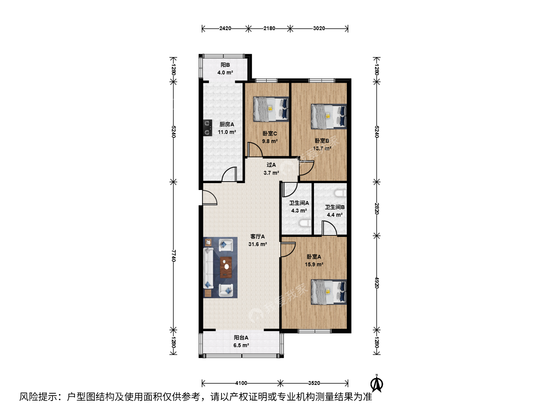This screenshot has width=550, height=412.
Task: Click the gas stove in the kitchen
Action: pyautogui.click(x=207, y=127)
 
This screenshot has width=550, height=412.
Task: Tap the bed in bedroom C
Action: pyautogui.click(x=271, y=109)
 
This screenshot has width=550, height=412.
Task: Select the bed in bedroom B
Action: pyautogui.click(x=329, y=117)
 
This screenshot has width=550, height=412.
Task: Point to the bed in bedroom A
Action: pyautogui.click(x=329, y=292)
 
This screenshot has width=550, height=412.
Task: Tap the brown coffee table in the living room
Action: pyautogui.click(x=226, y=267)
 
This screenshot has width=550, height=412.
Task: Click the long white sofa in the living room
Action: pyautogui.click(x=208, y=268)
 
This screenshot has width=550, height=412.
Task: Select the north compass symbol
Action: pyautogui.click(x=377, y=383)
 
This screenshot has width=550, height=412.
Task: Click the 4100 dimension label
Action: pyautogui.click(x=241, y=383)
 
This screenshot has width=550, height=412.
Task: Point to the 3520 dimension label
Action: pyautogui.click(x=314, y=383)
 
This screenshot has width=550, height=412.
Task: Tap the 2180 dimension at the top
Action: pyautogui.click(x=269, y=28)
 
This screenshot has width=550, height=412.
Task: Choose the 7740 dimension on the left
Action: pyautogui.click(x=173, y=256)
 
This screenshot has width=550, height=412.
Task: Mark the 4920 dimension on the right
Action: pyautogui.click(x=377, y=282)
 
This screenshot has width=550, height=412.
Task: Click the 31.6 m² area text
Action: pyautogui.click(x=257, y=244)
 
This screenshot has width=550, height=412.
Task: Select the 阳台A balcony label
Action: pyautogui.click(x=241, y=338)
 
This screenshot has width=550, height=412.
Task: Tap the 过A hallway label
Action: pyautogui.click(x=271, y=165)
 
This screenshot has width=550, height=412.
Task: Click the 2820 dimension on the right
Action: pyautogui.click(x=377, y=208)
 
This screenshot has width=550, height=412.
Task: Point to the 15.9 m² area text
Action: pyautogui.click(x=314, y=264)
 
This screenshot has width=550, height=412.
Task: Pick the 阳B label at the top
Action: pyautogui.click(x=225, y=65)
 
